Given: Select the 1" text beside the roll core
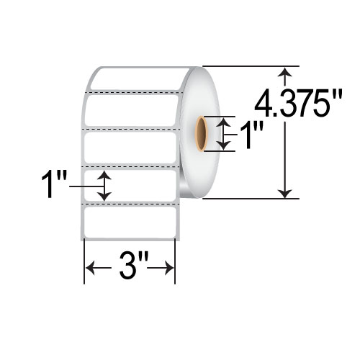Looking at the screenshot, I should point(248,135).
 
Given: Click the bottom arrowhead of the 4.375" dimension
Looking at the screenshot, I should point(287,192).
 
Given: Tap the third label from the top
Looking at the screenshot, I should point(131,147).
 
